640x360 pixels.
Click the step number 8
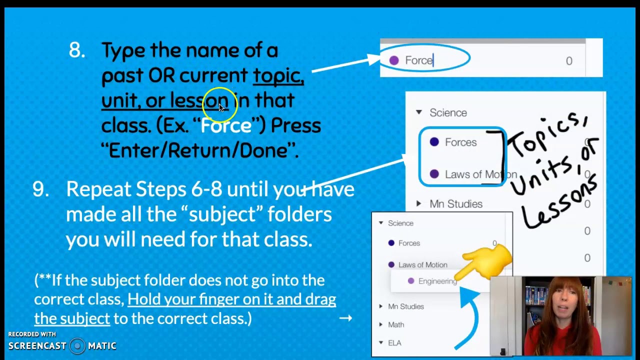77,50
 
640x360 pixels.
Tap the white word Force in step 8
226,125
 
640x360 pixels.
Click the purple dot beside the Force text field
394,60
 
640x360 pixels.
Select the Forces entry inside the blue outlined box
460,142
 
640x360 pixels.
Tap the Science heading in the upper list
448,113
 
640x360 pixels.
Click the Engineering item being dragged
437,281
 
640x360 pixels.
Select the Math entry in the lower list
396,325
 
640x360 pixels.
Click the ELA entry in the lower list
394,343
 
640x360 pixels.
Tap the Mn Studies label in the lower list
405,306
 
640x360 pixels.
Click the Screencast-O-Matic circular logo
77,346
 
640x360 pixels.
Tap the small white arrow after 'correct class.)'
345,318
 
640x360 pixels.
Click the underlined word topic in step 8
277,75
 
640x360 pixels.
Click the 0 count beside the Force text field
569,61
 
